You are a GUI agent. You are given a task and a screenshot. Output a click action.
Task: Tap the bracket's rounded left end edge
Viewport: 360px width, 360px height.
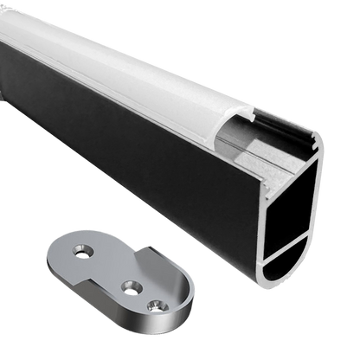(47, 260)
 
